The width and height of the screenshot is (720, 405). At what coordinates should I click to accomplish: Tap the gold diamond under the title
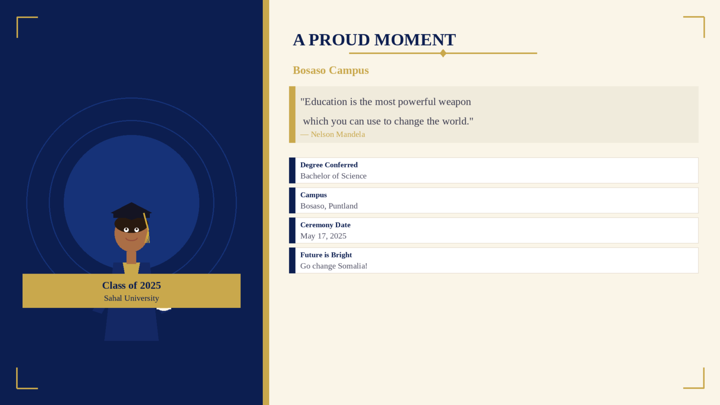pyautogui.click(x=443, y=53)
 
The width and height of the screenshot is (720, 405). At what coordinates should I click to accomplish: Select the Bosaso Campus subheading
pyautogui.click(x=330, y=70)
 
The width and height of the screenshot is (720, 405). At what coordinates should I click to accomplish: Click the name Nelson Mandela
pyautogui.click(x=338, y=135)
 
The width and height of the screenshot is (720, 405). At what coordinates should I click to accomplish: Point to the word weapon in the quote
pyautogui.click(x=454, y=102)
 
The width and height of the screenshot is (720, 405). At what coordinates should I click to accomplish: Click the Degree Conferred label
pyautogui.click(x=329, y=165)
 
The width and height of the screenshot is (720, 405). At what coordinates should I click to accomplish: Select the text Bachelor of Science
pyautogui.click(x=333, y=176)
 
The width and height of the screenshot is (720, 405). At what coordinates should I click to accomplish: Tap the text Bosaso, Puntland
pyautogui.click(x=329, y=206)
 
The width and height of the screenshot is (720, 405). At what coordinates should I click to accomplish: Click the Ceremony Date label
pyautogui.click(x=325, y=225)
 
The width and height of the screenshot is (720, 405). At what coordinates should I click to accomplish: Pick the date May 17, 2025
pyautogui.click(x=324, y=236)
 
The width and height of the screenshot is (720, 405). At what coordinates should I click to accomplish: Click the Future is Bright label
pyautogui.click(x=326, y=255)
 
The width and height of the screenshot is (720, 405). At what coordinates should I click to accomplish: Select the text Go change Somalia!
pyautogui.click(x=333, y=266)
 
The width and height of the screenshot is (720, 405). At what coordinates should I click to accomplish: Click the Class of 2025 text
pyautogui.click(x=131, y=285)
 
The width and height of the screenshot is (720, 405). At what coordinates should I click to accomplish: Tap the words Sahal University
pyautogui.click(x=131, y=298)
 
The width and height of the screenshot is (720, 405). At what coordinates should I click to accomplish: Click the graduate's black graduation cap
pyautogui.click(x=131, y=211)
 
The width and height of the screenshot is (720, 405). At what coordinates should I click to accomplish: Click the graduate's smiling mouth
pyautogui.click(x=131, y=239)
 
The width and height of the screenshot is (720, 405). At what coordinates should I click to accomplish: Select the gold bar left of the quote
pyautogui.click(x=292, y=114)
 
